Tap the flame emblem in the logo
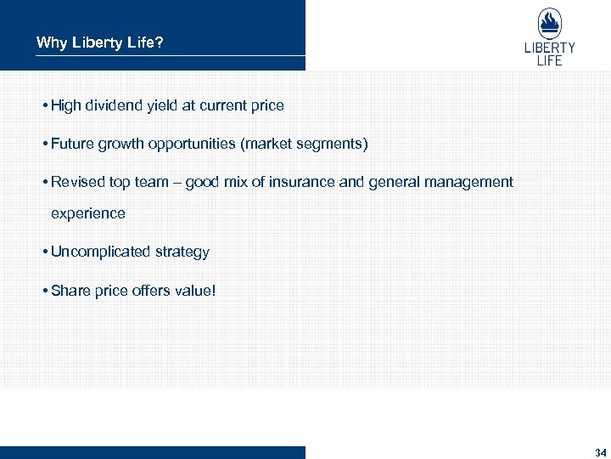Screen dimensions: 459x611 [x=549, y=23]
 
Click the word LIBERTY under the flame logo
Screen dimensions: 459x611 [x=549, y=48]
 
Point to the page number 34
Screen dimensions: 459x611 [x=601, y=451]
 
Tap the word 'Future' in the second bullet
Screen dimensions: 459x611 [x=71, y=144]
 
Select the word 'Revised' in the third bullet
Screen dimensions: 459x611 [x=76, y=182]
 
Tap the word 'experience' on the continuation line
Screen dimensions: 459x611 [x=88, y=213]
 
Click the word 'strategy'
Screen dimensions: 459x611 [x=182, y=252]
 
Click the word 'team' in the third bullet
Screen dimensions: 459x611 [x=152, y=182]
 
